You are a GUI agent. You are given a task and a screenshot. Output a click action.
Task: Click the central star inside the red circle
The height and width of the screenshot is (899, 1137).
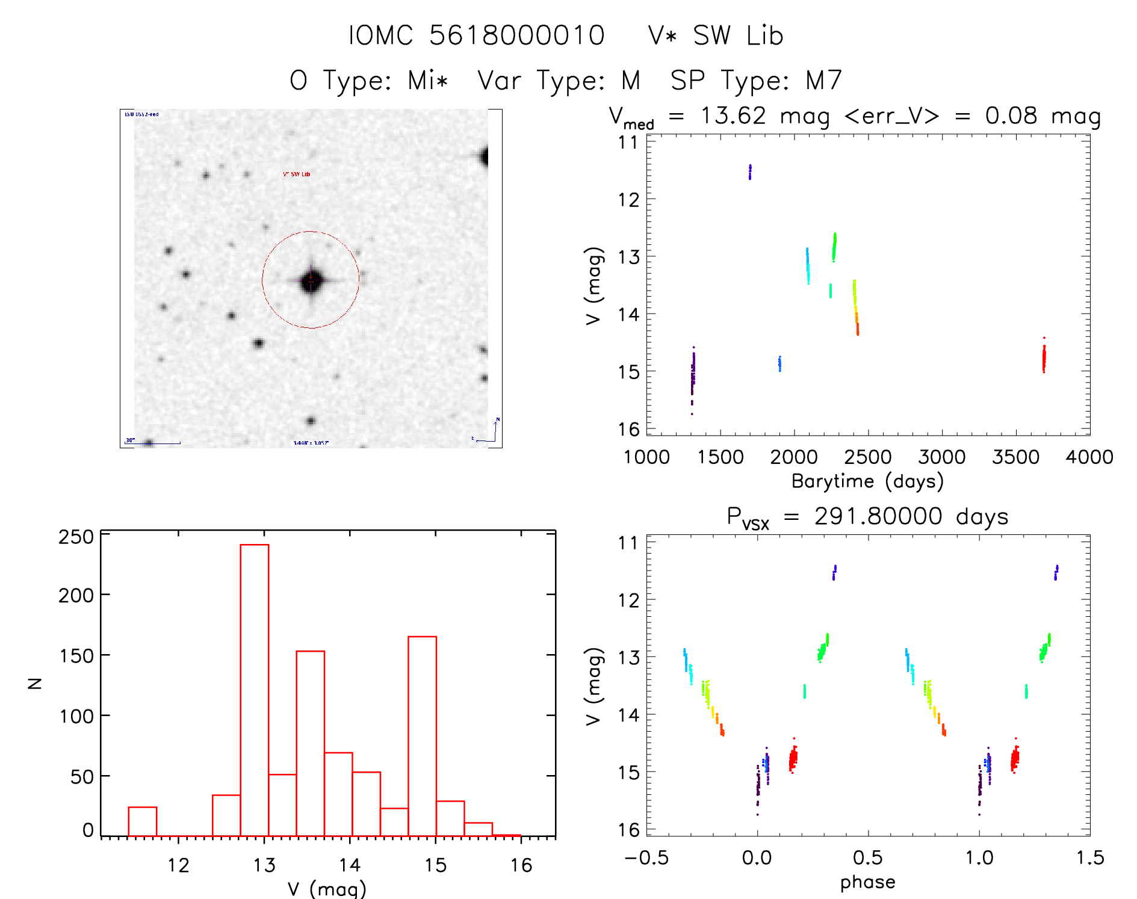coord(311,280)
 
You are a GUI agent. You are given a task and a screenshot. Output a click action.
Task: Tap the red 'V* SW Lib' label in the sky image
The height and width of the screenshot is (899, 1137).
coord(297,175)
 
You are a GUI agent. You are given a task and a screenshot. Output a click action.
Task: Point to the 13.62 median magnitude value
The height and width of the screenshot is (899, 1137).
coord(733,116)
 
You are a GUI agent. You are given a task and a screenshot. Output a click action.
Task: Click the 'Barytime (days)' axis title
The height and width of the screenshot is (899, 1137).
coord(867,481)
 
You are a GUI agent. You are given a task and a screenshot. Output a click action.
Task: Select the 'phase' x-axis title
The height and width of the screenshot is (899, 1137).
coord(867,882)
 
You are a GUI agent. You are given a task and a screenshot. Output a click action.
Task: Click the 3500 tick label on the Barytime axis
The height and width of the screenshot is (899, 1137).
coord(1015,457)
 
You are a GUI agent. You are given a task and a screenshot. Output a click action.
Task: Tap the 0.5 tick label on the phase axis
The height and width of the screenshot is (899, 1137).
coord(867,858)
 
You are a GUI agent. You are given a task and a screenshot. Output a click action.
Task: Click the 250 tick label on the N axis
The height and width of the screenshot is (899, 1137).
coord(76,537)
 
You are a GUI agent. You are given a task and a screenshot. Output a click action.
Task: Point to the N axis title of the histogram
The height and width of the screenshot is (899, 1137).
coord(35,683)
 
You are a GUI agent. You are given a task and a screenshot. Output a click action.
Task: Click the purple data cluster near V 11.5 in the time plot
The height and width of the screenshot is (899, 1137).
coord(750,172)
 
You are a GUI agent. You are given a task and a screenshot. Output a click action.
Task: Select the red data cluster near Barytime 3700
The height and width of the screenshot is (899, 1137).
coord(1044,359)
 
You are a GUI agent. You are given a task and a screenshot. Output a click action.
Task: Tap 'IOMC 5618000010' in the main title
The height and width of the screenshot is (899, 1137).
coord(477,36)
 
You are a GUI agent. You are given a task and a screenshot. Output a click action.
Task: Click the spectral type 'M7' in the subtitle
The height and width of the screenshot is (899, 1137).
coord(823,81)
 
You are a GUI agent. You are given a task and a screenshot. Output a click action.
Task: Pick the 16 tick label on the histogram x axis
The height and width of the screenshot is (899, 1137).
coord(521,866)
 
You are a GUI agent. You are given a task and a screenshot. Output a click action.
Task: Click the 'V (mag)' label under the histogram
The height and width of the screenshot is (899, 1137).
coord(327,889)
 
